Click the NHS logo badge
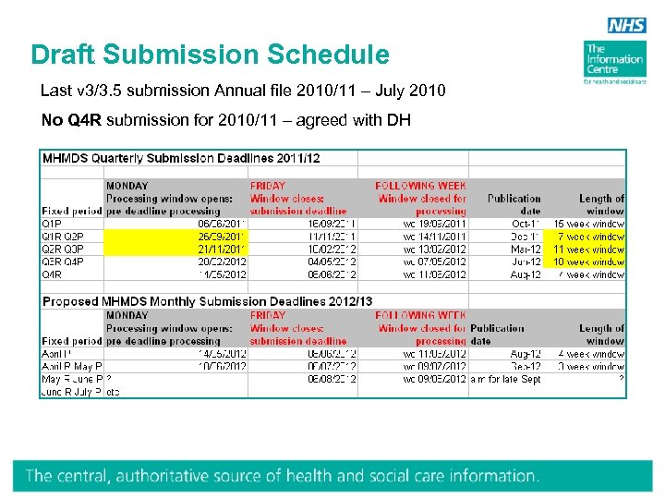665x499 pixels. (626, 27)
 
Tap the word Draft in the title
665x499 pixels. (64, 55)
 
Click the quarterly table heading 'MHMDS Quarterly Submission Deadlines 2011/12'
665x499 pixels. (181, 158)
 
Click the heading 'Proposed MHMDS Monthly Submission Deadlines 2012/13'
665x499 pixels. (207, 302)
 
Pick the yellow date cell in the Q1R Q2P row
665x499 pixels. (222, 237)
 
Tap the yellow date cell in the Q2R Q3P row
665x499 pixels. (222, 249)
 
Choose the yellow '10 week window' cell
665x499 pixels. (588, 262)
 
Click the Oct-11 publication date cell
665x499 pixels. (526, 224)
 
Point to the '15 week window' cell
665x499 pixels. (588, 224)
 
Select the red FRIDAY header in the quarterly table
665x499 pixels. (268, 186)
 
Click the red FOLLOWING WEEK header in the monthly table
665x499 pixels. (421, 316)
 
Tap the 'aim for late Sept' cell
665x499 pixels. (506, 380)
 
